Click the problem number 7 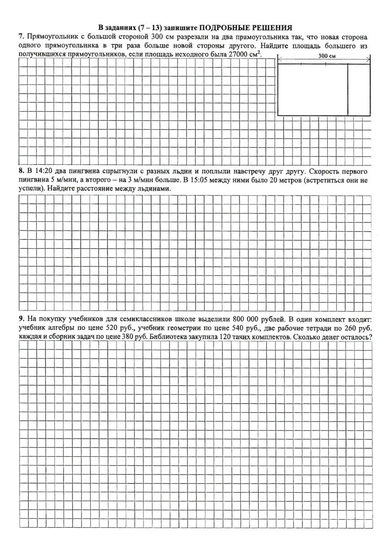pyautogui.click(x=21, y=37)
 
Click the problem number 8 pyautogui.click(x=21, y=172)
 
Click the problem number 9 pyautogui.click(x=21, y=319)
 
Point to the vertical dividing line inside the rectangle pyautogui.click(x=348, y=90)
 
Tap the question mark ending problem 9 pyautogui.click(x=370, y=336)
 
